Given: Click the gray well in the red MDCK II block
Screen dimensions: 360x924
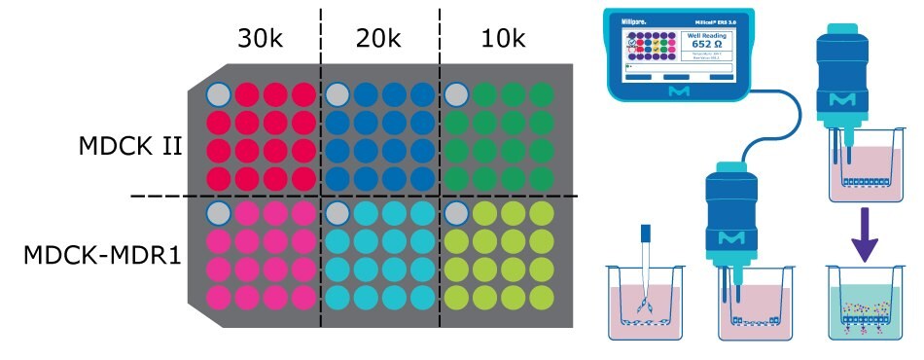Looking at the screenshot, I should click(219, 94).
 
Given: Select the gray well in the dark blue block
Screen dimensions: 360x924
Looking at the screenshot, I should click(338, 94).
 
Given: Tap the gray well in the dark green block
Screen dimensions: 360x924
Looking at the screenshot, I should click(456, 94).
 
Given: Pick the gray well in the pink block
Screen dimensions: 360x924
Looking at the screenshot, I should click(219, 213).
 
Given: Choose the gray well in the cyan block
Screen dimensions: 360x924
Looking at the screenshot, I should click(338, 213).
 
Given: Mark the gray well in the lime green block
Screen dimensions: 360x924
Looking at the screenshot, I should click(456, 213).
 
